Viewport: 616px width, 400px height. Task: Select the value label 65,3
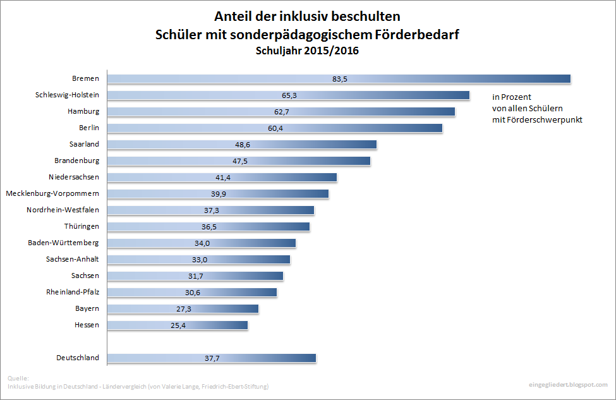click(x=289, y=95)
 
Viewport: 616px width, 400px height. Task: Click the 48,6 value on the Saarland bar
click(x=242, y=145)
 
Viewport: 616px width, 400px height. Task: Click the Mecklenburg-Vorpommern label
click(x=52, y=193)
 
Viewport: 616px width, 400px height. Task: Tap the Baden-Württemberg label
click(x=63, y=243)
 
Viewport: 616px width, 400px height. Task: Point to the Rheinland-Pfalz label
click(x=73, y=292)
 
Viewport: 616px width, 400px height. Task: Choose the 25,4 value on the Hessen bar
click(x=178, y=325)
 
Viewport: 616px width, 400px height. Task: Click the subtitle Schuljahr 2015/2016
click(x=307, y=51)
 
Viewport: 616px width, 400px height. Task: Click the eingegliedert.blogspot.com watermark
click(x=567, y=384)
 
